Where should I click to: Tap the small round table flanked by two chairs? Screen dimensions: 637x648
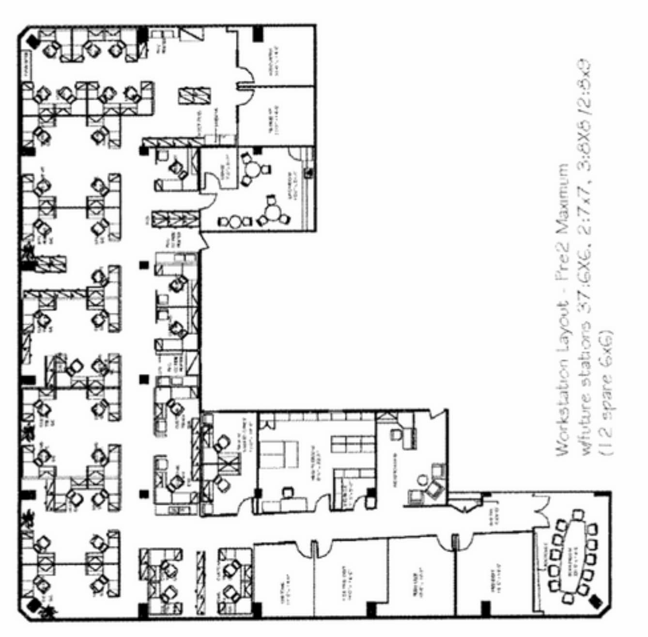click(x=235, y=222)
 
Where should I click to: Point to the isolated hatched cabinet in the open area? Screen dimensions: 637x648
click(x=194, y=96)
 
